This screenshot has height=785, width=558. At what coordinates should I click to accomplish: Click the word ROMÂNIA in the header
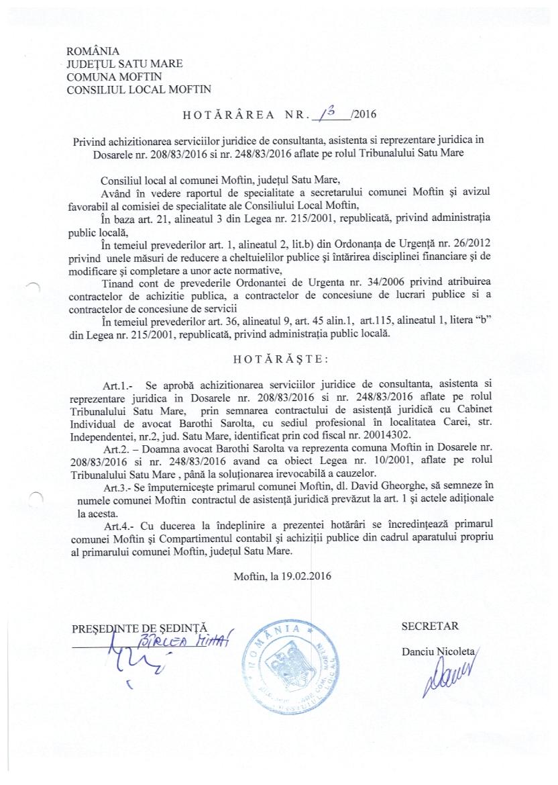pyautogui.click(x=93, y=51)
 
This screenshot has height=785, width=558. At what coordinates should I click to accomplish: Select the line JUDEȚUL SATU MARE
pyautogui.click(x=125, y=64)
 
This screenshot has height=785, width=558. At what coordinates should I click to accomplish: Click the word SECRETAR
pyautogui.click(x=430, y=627)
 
